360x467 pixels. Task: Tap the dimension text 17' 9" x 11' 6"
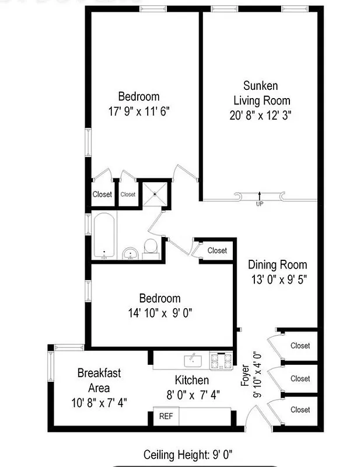pyautogui.click(x=138, y=111)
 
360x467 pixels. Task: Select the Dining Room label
pyautogui.click(x=277, y=264)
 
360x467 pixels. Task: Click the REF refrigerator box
pyautogui.click(x=166, y=416)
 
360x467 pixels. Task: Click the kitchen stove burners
pyautogui.click(x=222, y=360)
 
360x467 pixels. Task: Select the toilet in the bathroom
pyautogui.click(x=150, y=248)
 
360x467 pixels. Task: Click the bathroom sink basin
pyautogui.click(x=131, y=253)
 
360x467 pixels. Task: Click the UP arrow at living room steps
pyautogui.click(x=259, y=197)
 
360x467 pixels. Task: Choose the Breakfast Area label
pyautogui.click(x=99, y=381)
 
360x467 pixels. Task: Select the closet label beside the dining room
pyautogui.click(x=217, y=250)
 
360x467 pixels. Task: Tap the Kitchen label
pyautogui.click(x=191, y=381)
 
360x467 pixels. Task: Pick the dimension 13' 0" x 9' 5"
pyautogui.click(x=277, y=279)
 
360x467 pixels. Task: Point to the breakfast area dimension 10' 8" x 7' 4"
pyautogui.click(x=99, y=403)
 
